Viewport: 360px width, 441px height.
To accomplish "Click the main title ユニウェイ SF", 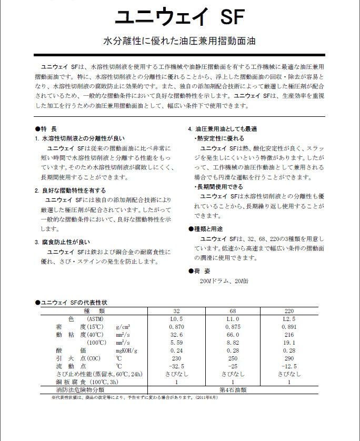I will [x=179, y=17].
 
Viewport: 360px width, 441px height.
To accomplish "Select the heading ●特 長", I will [x=46, y=128].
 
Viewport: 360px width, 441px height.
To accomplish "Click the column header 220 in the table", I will [x=289, y=311].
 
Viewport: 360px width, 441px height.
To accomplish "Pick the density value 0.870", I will [x=176, y=327].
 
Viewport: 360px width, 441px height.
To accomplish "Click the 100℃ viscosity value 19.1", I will [x=289, y=343].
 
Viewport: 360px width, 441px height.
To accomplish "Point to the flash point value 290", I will [x=289, y=358].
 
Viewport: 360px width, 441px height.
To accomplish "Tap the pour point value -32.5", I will [x=176, y=366].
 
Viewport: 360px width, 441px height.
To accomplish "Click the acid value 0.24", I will [x=176, y=350].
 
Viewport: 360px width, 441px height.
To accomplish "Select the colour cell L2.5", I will [x=289, y=319].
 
